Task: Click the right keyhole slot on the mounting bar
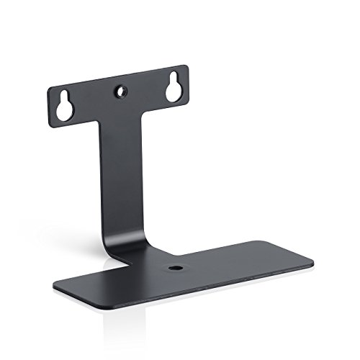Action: [x=174, y=87]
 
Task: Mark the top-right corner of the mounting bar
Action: [x=186, y=66]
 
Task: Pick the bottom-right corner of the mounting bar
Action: [x=188, y=101]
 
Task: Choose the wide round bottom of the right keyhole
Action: [x=174, y=91]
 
